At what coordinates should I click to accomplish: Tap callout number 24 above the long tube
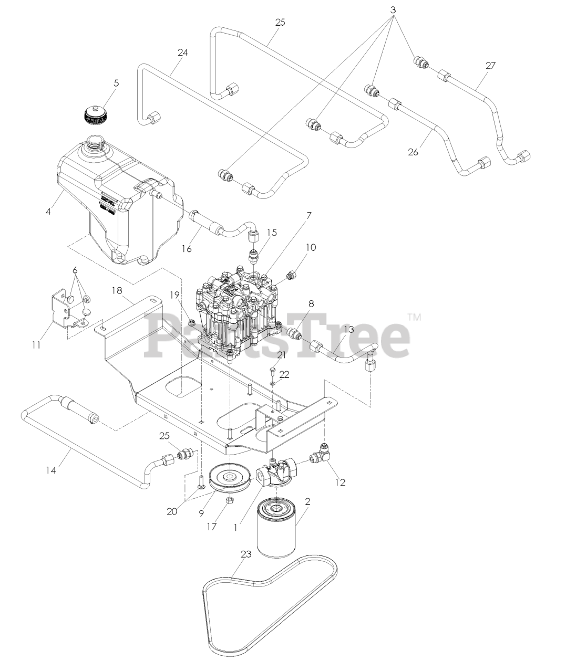(x=183, y=52)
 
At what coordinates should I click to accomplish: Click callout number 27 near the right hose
(x=490, y=66)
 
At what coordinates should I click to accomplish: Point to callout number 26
(x=413, y=152)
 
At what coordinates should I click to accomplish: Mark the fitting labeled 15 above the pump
(x=253, y=257)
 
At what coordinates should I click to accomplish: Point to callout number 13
(x=348, y=329)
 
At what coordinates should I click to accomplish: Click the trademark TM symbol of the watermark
(x=414, y=317)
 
